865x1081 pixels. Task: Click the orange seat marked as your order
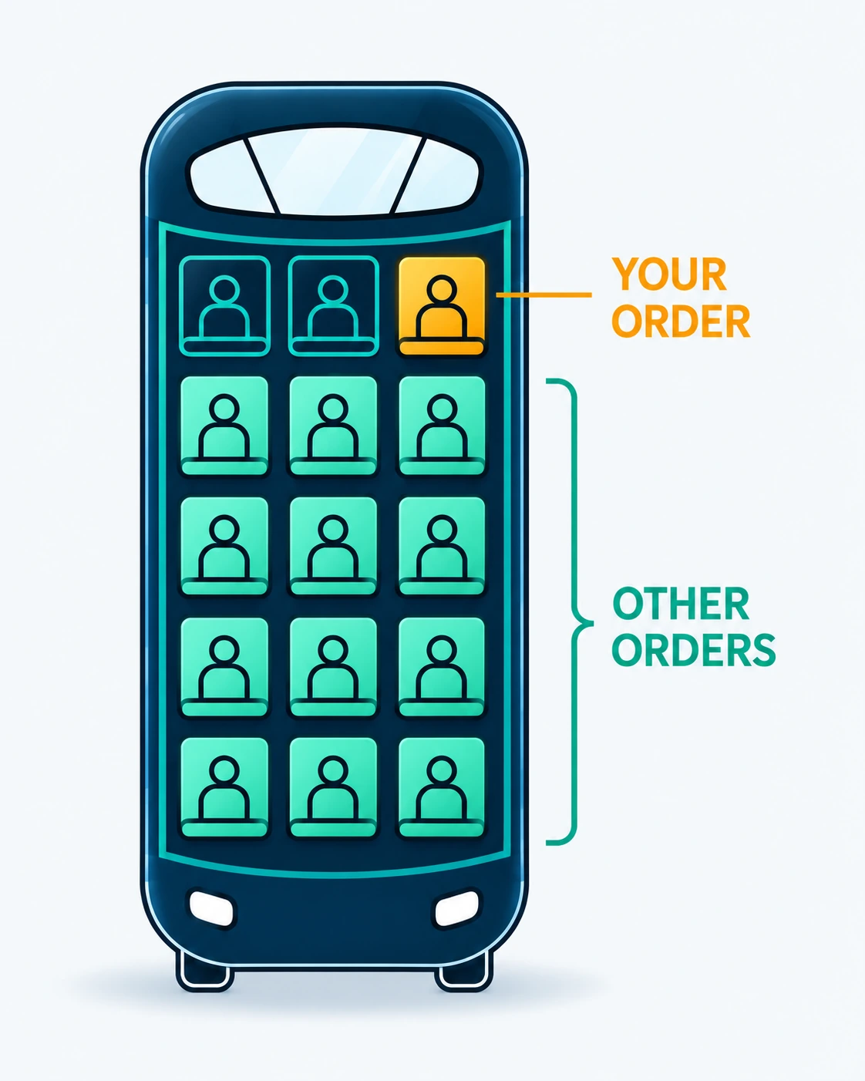(442, 306)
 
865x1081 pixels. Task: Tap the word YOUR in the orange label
(669, 274)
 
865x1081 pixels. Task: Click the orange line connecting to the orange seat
(544, 295)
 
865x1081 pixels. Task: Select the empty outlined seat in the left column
(224, 306)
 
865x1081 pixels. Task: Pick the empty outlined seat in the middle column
(334, 306)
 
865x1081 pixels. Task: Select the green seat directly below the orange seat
(442, 426)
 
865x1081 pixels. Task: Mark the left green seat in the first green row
(224, 426)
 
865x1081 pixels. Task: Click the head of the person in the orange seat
(442, 290)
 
